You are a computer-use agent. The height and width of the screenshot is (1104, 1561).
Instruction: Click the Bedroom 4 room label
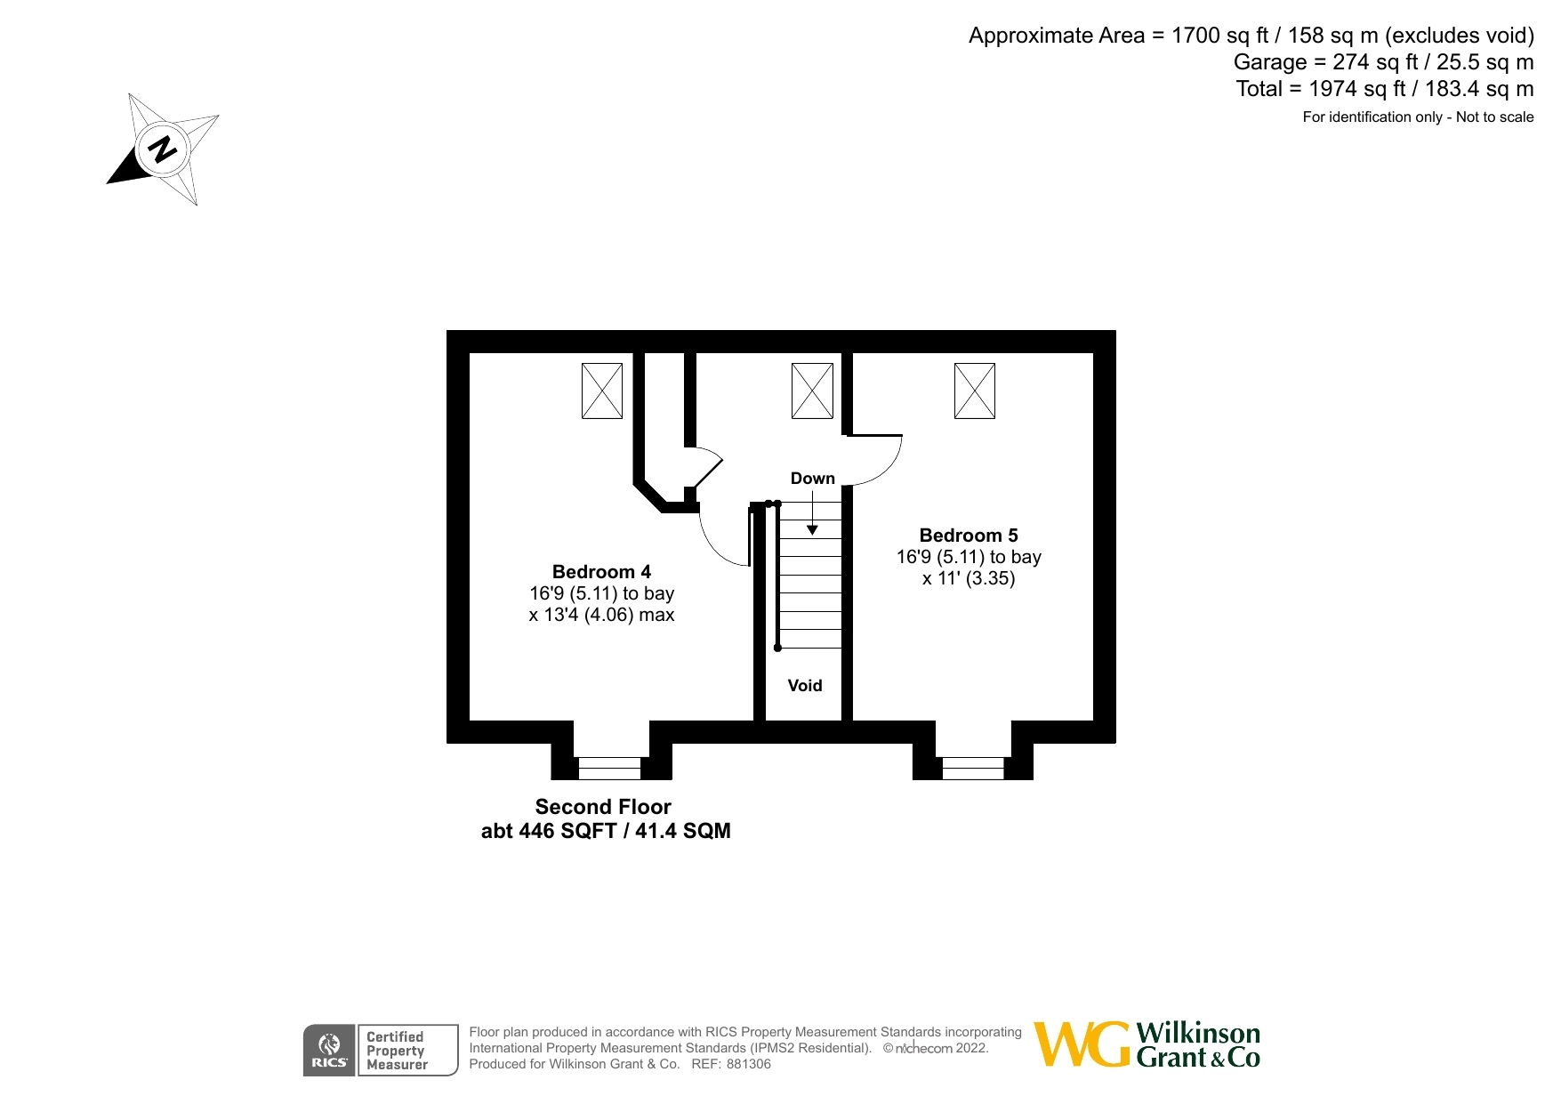pos(601,572)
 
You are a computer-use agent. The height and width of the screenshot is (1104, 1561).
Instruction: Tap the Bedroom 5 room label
pos(968,536)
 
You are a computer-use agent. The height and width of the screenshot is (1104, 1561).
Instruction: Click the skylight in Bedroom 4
pos(602,391)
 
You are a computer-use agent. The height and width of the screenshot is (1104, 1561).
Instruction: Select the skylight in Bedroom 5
pos(974,391)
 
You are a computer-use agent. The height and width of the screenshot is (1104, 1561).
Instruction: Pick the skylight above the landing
pos(812,391)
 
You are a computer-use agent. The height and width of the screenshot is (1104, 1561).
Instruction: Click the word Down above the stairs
pos(812,479)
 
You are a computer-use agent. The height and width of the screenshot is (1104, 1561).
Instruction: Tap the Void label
pos(804,686)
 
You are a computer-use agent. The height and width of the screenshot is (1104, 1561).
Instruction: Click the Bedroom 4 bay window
pos(609,768)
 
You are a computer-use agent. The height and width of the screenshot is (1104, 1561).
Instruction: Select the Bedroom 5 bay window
pos(973,768)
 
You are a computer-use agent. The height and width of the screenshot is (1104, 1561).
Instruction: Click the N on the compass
pos(162,149)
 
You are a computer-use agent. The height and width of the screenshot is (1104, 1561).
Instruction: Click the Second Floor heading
pos(603,807)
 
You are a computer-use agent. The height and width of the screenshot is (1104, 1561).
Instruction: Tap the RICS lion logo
pos(329,1044)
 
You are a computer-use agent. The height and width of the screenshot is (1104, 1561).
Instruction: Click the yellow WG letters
pos(1082,1044)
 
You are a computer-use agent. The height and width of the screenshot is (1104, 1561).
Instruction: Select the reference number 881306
pos(748,1064)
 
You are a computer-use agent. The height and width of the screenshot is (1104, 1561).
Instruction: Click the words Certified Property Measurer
pos(397,1051)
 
